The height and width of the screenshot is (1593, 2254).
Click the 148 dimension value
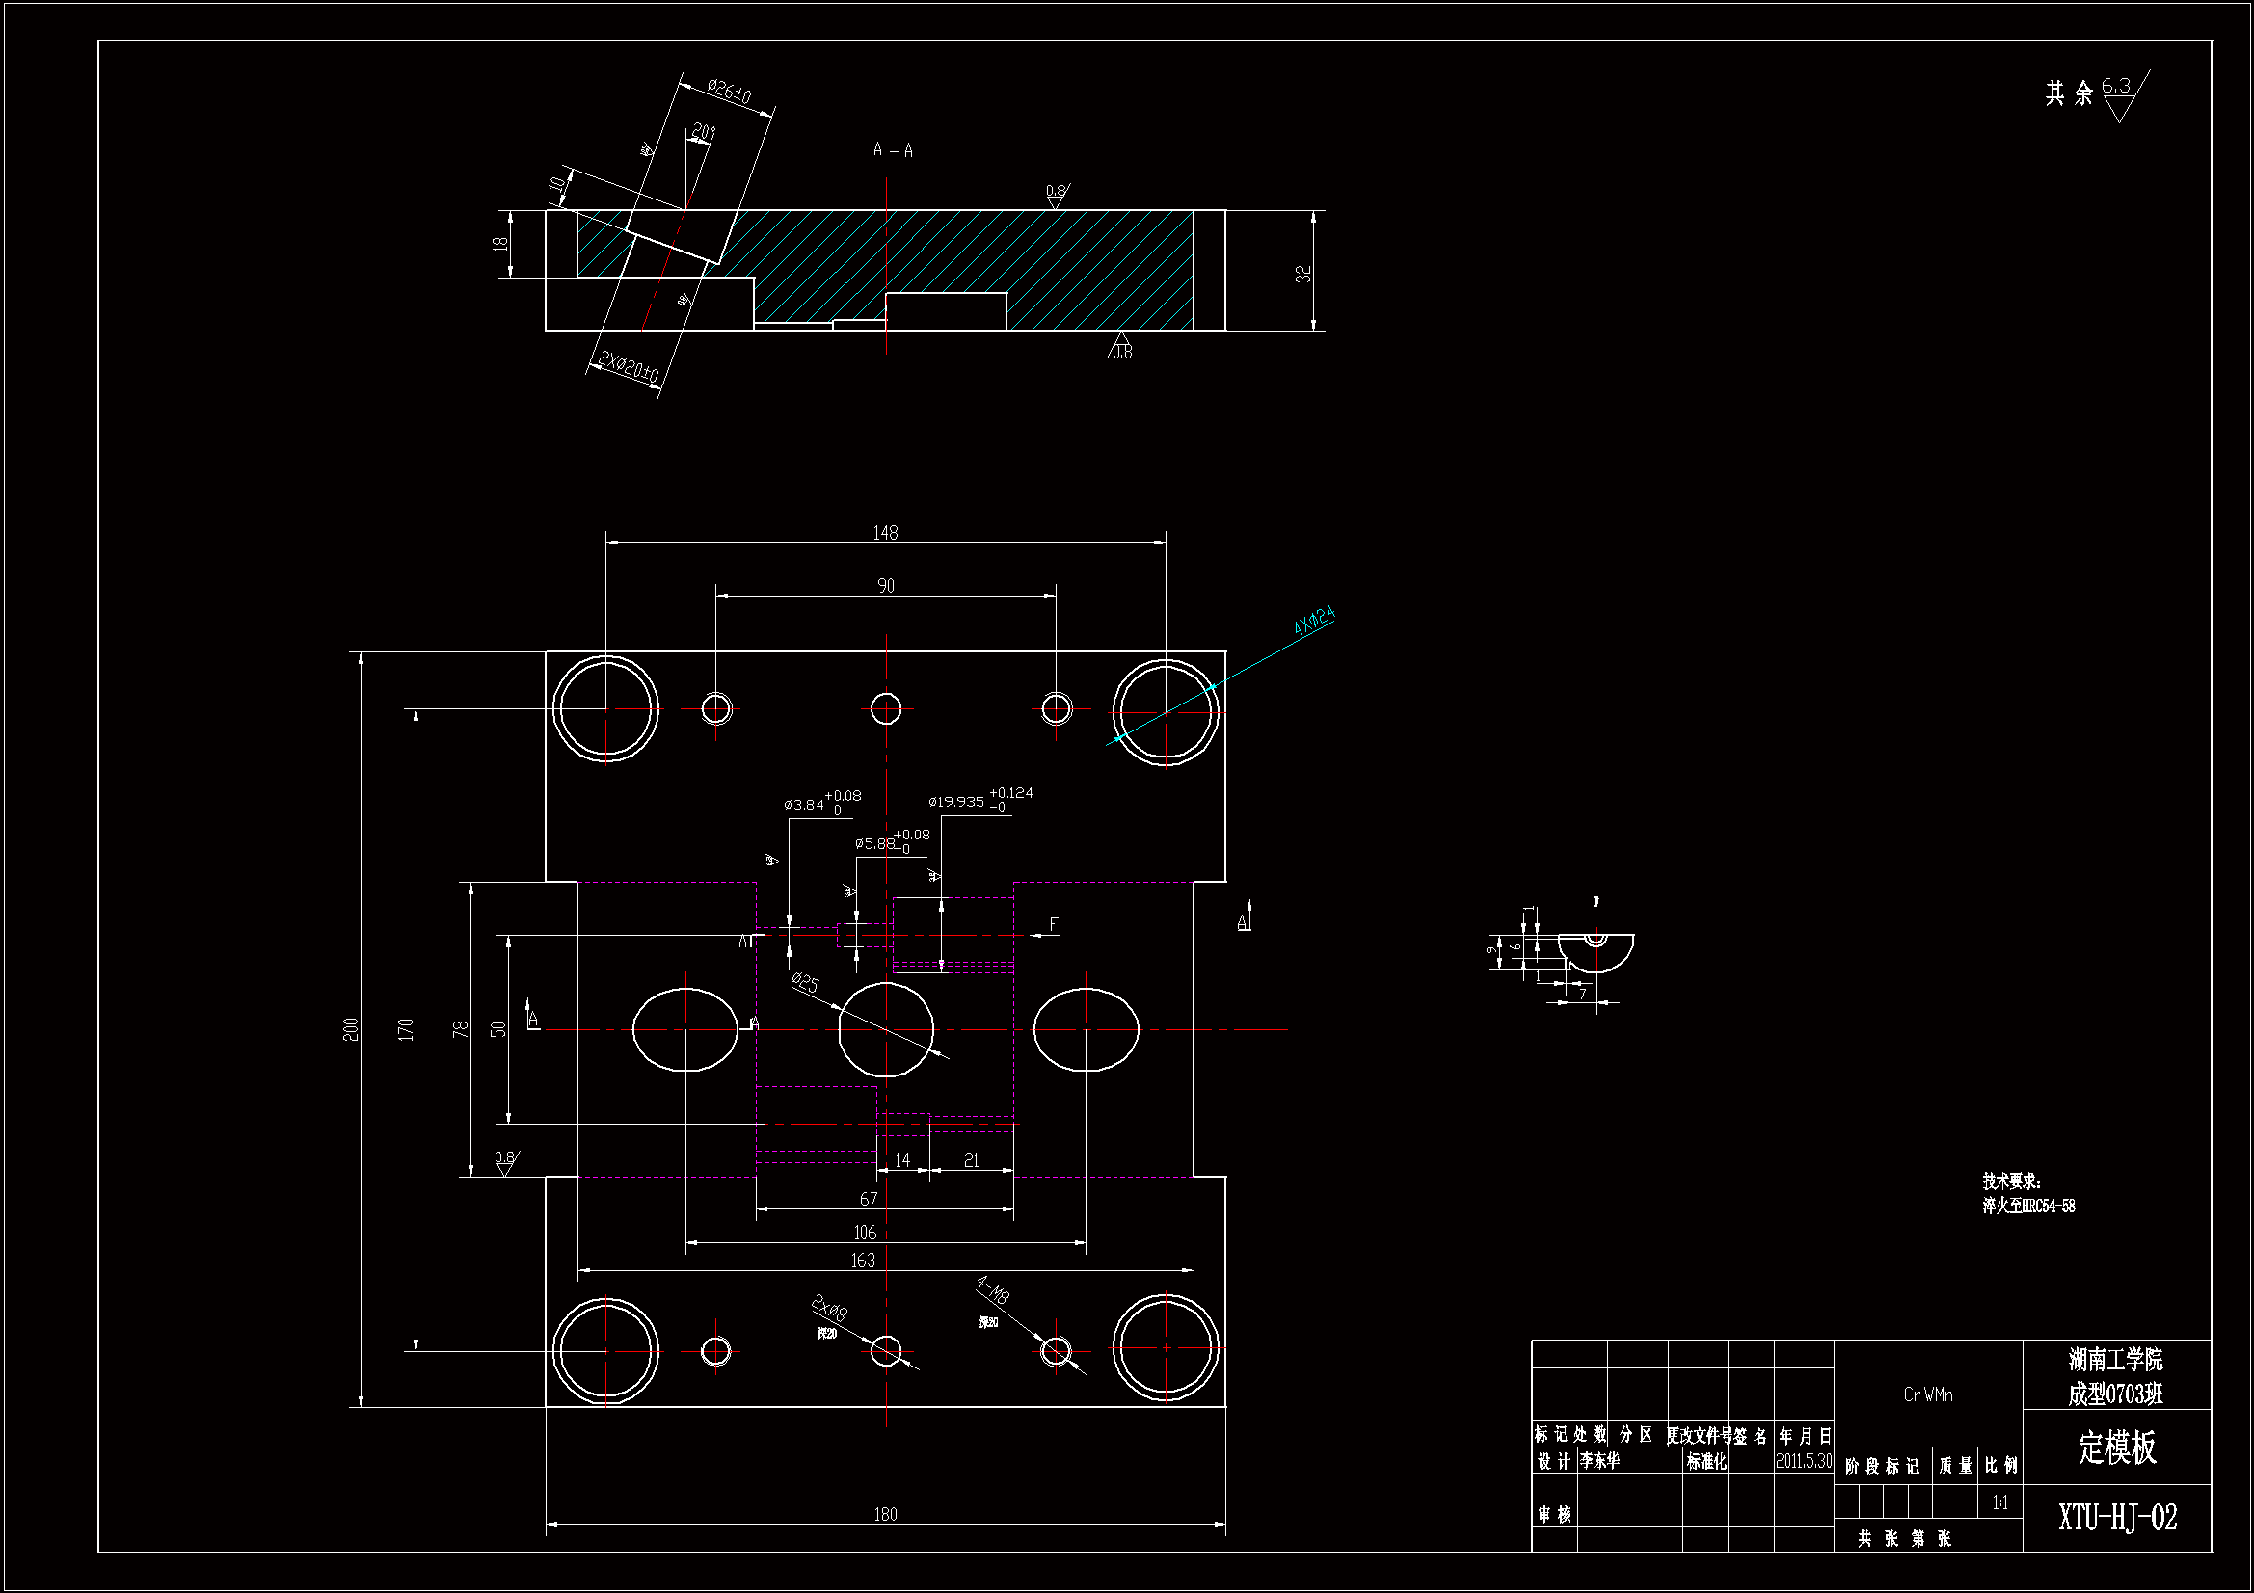884,533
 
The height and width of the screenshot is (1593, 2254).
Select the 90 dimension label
885,586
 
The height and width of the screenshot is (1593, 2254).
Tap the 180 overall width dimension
884,1515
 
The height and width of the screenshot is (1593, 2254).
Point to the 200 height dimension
351,1029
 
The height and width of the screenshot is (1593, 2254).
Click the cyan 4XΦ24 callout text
1313,620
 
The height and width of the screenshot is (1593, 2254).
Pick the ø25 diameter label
805,983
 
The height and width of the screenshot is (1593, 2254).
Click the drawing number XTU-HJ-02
2117,1518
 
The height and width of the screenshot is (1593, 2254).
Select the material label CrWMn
1928,1394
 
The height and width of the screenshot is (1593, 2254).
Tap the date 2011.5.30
1804,1461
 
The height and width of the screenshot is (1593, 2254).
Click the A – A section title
893,150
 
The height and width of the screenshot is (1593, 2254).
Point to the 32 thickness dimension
1302,274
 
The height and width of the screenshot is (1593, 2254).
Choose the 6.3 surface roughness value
2115,87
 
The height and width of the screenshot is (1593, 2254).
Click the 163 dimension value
862,1261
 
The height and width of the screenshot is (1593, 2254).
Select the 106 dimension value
864,1233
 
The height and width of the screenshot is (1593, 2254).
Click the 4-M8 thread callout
992,1289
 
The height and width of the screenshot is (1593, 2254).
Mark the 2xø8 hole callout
829,1309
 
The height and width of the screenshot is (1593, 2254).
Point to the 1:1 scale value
1999,1502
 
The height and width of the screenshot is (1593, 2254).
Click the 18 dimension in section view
500,244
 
